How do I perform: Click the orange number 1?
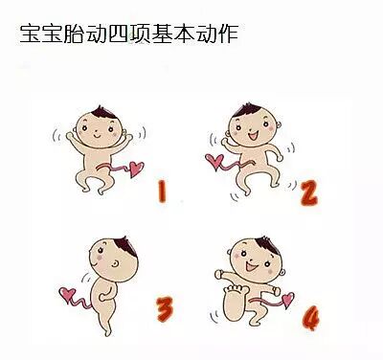[162, 191]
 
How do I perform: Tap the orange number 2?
[309, 192]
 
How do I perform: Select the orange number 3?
[165, 308]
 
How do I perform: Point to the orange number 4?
[310, 318]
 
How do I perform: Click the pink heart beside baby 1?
[136, 169]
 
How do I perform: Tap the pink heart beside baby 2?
[214, 161]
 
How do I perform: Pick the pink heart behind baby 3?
[68, 294]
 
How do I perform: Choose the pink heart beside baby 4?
[288, 299]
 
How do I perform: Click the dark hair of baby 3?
[126, 246]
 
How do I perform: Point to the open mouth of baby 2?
[254, 136]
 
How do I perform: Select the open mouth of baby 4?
[252, 266]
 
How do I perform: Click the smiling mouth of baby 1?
[97, 136]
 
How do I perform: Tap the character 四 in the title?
[119, 34]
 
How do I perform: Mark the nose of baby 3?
[116, 263]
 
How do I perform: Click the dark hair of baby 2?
[246, 110]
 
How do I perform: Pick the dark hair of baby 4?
[268, 245]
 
